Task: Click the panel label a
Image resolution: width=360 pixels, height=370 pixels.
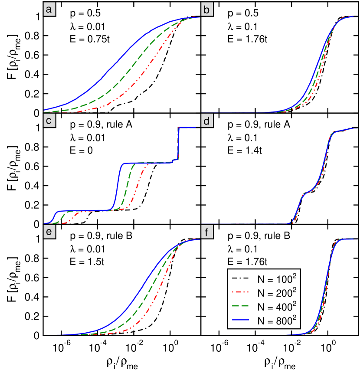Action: pyautogui.click(x=49, y=9)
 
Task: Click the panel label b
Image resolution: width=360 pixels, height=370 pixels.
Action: pyautogui.click(x=207, y=9)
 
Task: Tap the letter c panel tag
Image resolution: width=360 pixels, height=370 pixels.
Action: pyautogui.click(x=49, y=121)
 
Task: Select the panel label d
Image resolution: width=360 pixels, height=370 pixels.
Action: pyautogui.click(x=207, y=121)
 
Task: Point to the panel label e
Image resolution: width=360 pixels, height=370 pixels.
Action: pyautogui.click(x=49, y=232)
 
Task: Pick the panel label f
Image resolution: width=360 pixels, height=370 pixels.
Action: pyautogui.click(x=207, y=232)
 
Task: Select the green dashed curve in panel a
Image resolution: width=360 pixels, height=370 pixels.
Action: pyautogui.click(x=130, y=69)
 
